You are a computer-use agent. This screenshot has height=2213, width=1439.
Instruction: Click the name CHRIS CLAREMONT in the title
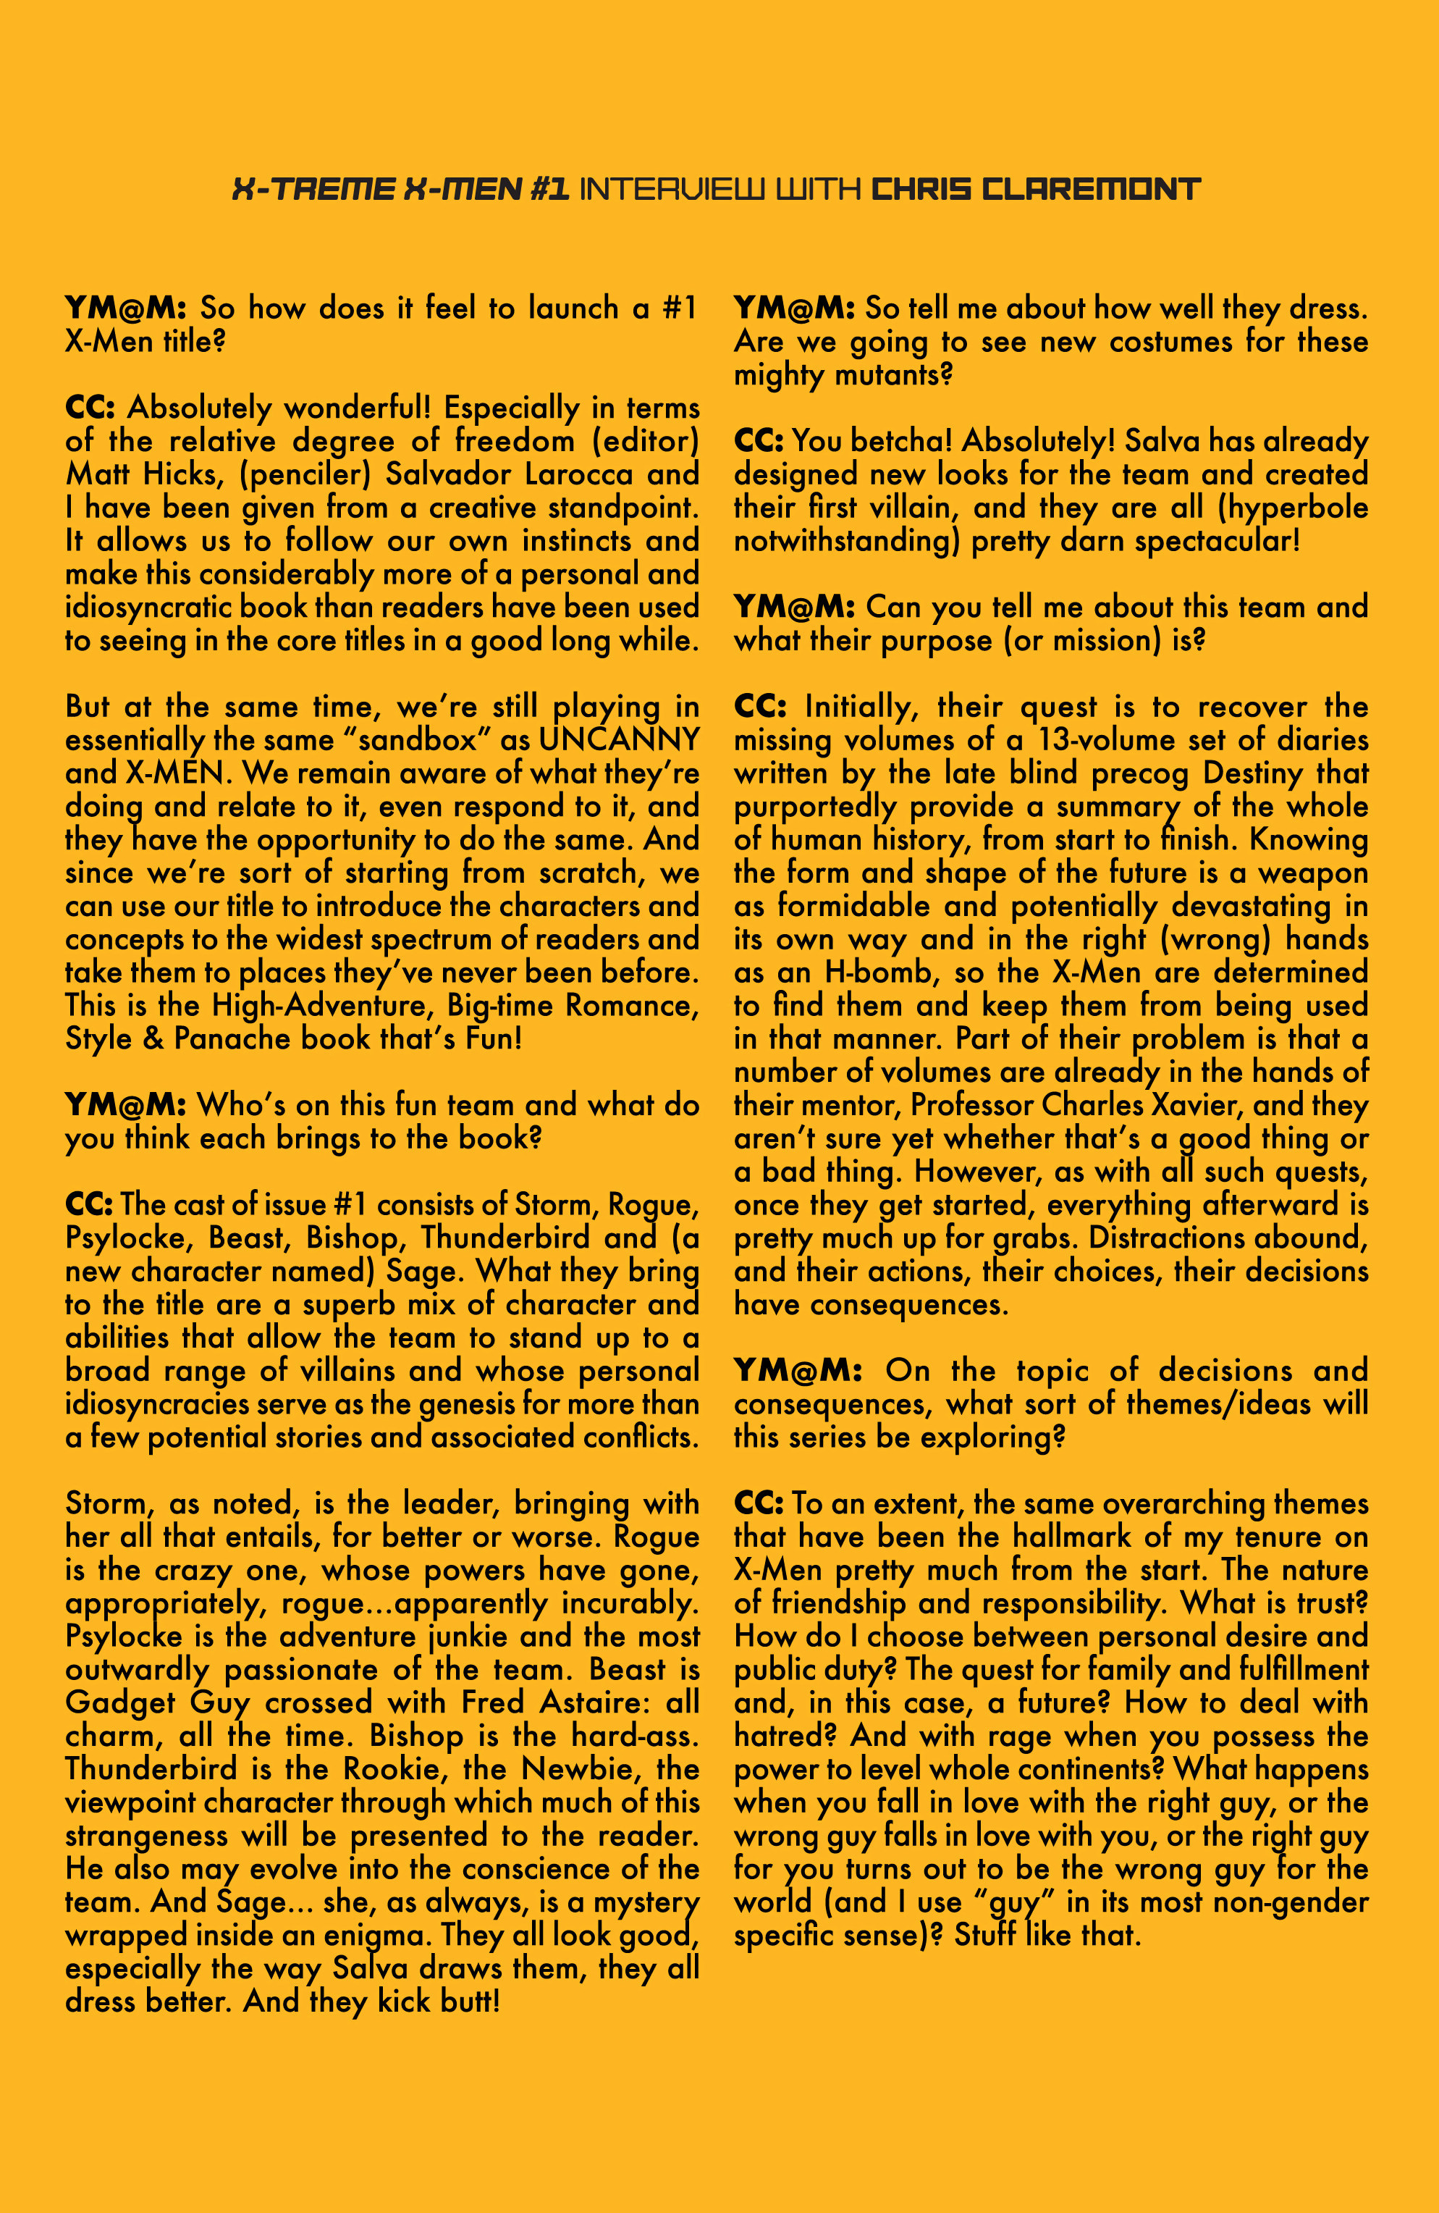click(1036, 190)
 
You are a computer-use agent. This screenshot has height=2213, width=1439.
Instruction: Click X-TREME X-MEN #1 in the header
click(400, 190)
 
